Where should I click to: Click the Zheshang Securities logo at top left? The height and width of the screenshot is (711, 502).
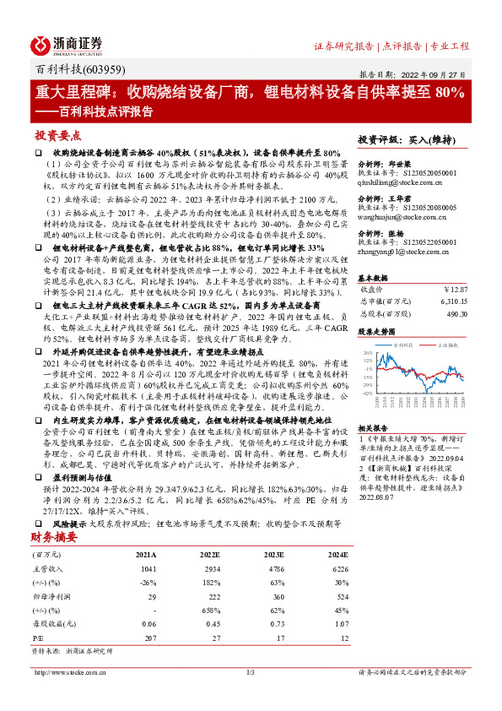point(67,45)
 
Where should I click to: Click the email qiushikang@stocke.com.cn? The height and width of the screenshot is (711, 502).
point(396,182)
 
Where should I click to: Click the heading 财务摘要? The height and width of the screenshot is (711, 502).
point(55,535)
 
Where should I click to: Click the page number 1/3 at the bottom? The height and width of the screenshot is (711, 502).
point(250,672)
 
